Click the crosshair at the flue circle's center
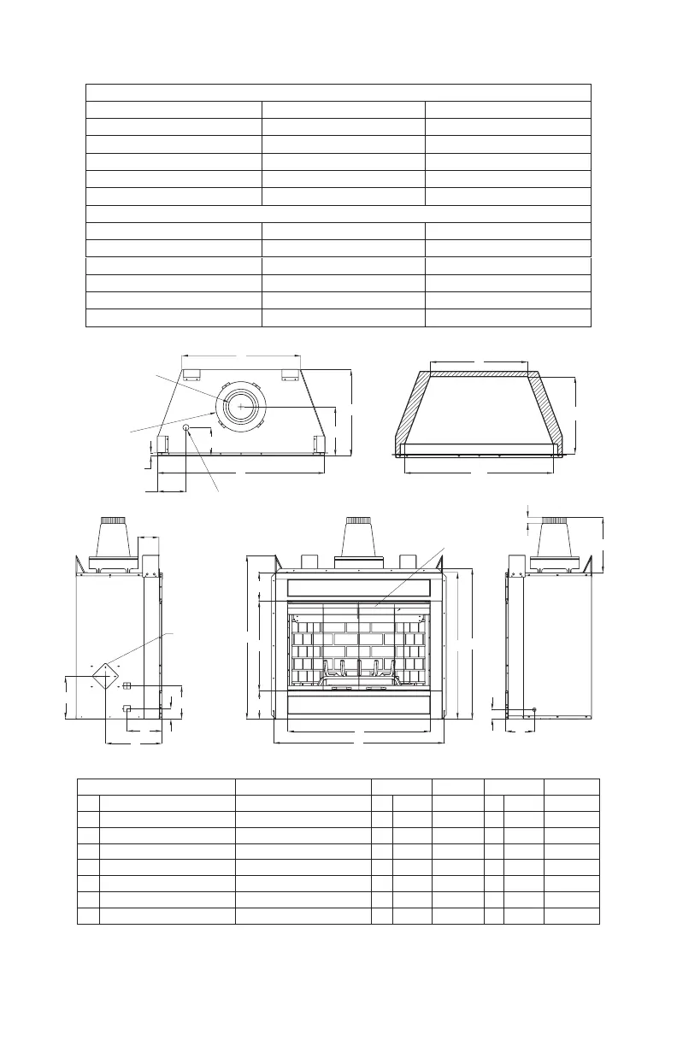(240, 408)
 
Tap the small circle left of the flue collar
(186, 426)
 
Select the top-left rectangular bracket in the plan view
(191, 374)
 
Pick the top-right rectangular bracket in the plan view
(291, 374)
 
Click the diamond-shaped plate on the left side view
(105, 676)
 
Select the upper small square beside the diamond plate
(127, 686)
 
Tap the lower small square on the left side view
(127, 708)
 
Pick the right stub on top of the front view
(407, 561)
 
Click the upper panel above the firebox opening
(357, 588)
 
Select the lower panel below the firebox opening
(357, 704)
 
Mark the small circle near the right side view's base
(534, 709)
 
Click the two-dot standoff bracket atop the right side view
(515, 566)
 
